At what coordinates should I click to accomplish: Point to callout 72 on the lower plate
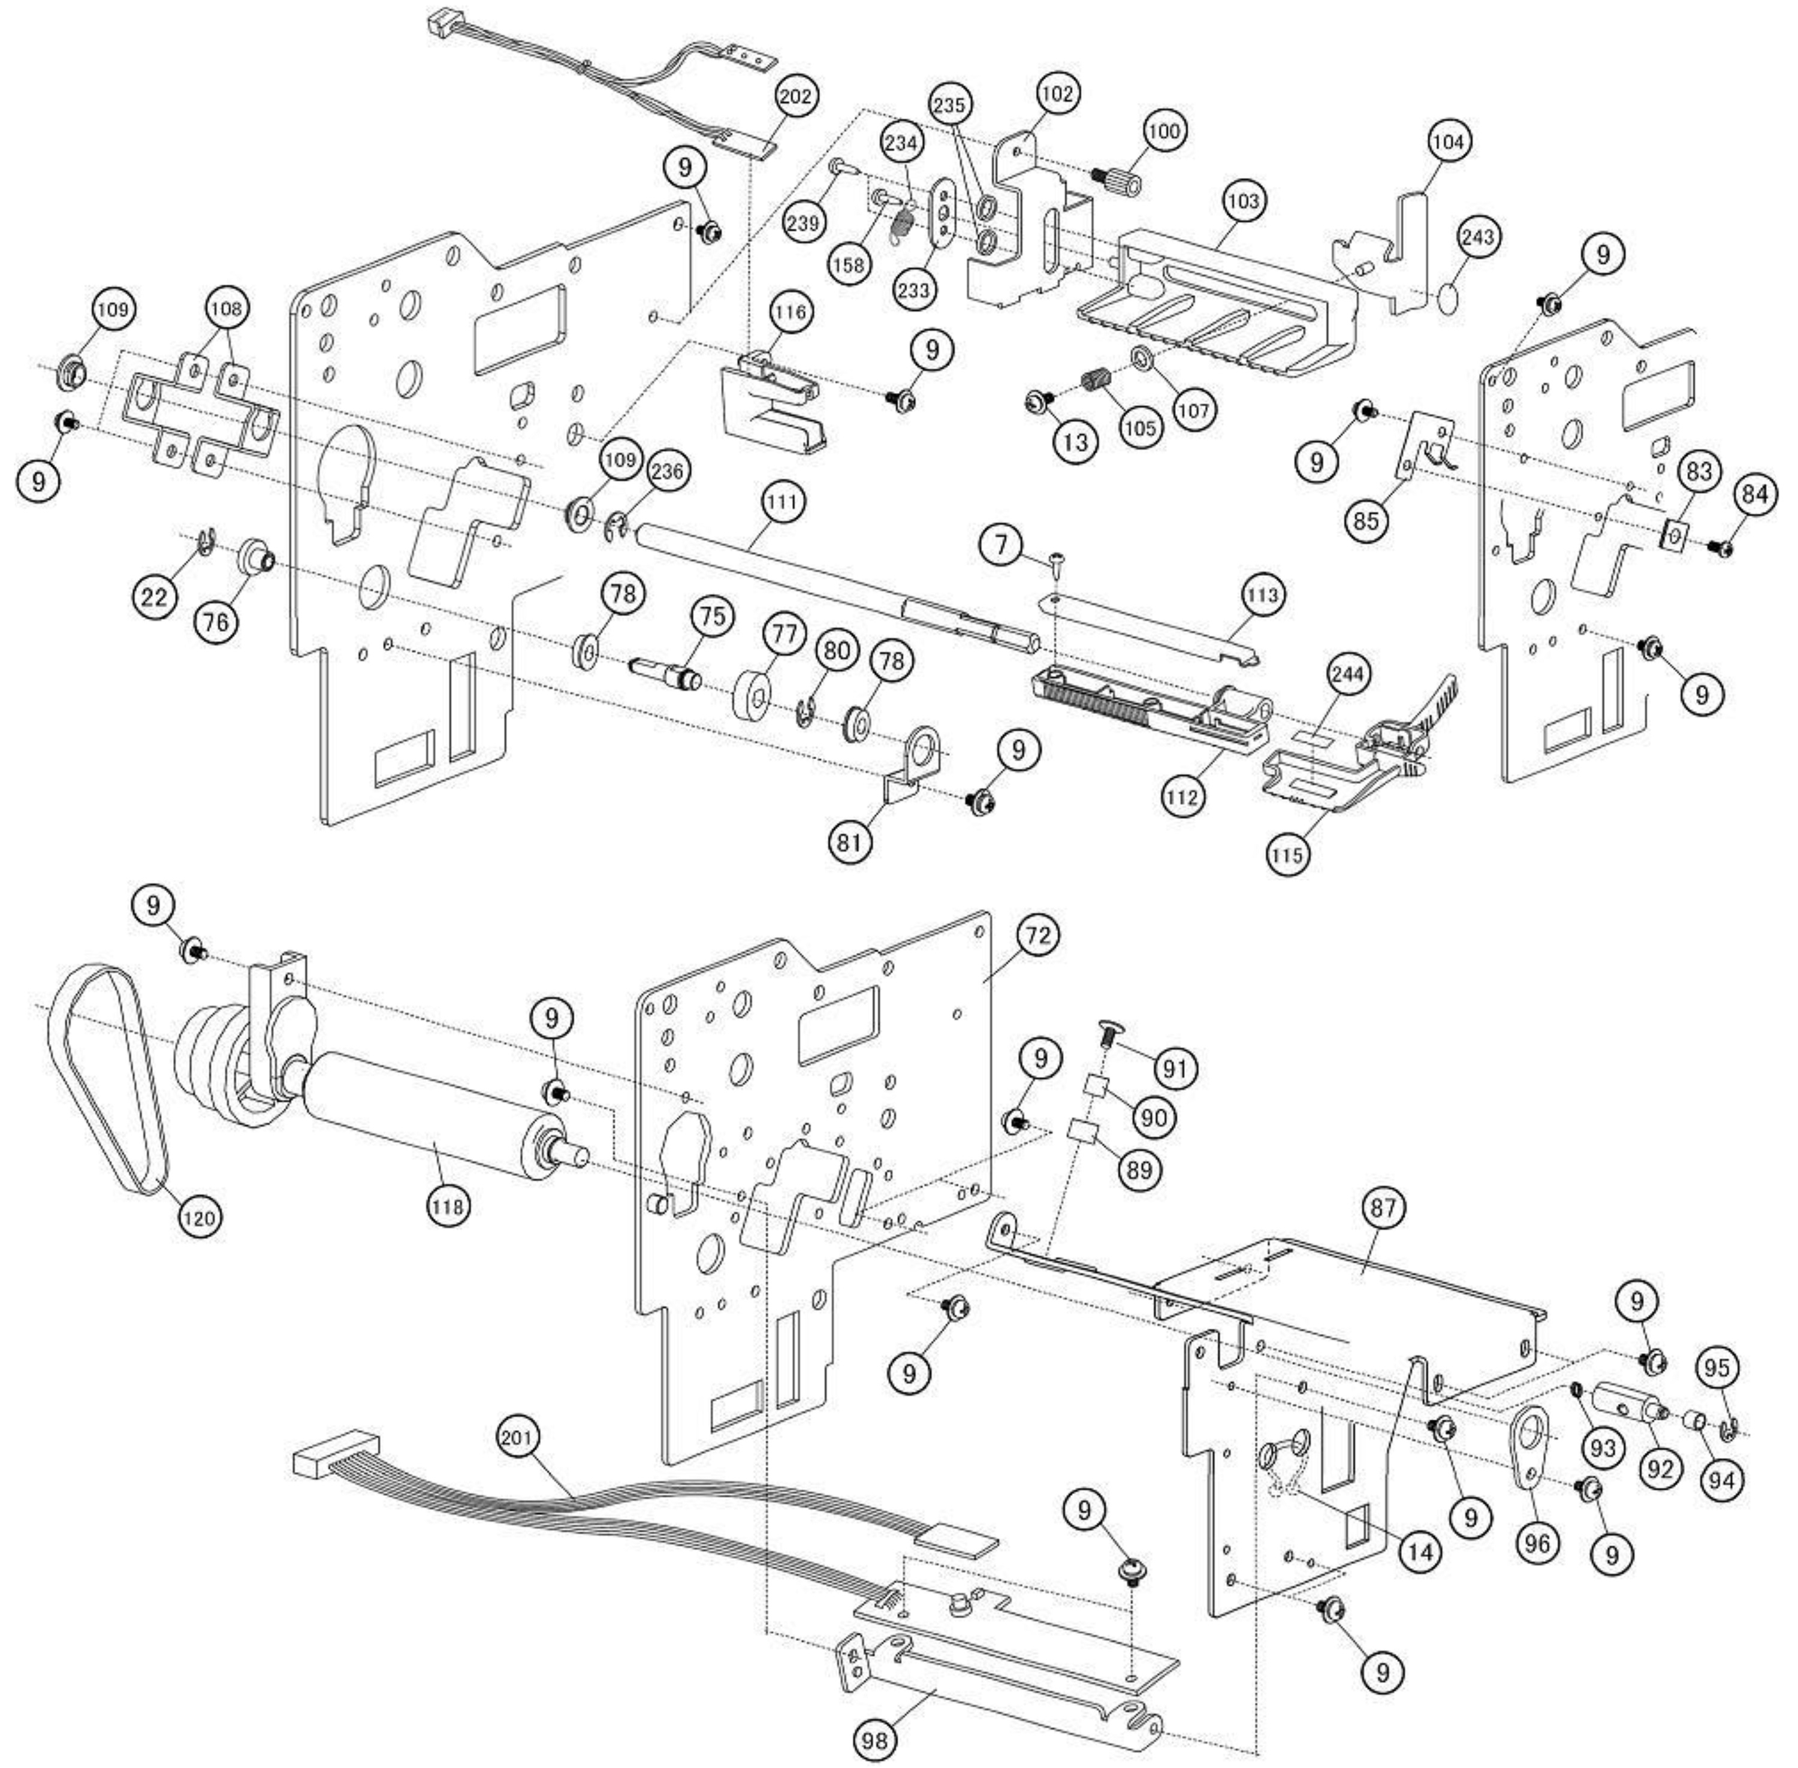[1037, 937]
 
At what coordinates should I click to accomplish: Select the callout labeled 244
[1347, 674]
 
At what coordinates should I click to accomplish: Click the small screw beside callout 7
[1057, 559]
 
